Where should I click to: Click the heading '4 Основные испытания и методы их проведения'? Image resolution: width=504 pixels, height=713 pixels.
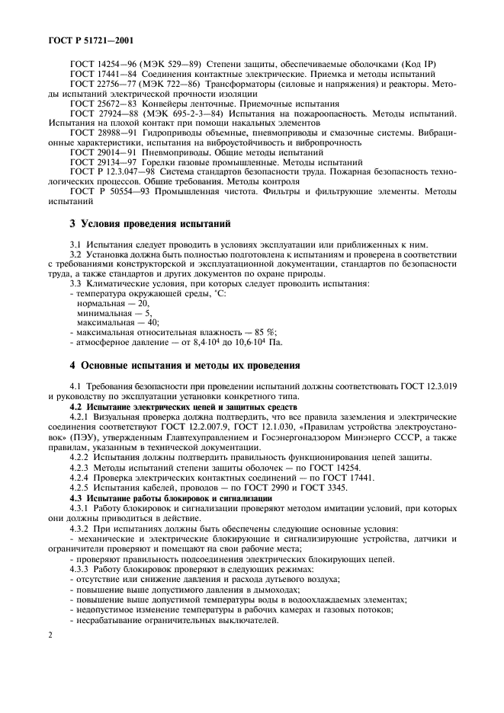tap(180, 366)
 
